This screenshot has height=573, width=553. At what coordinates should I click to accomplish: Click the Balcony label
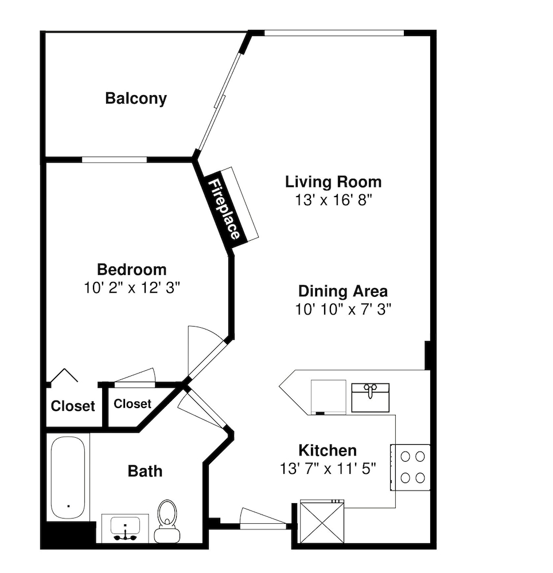pos(136,99)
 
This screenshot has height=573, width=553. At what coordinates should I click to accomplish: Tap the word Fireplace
pos(224,209)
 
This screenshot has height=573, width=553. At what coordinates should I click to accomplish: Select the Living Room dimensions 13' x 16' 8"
pos(333,200)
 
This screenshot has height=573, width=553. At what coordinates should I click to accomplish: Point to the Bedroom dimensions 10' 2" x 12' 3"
pos(132,288)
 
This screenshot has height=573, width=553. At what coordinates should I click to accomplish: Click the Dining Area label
pos(343,291)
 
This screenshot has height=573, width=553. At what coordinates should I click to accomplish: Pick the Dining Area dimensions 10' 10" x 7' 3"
pos(343,309)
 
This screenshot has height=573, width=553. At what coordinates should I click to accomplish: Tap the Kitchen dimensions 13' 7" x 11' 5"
pos(328,469)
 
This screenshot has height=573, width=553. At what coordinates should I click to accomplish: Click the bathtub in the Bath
pos(68,477)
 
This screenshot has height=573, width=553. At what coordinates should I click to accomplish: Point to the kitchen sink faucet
pos(370,390)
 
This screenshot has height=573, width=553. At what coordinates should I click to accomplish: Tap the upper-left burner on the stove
pos(405,457)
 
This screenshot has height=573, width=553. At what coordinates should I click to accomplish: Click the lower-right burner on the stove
pos(420,478)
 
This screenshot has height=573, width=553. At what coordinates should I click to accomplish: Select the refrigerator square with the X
pos(322,521)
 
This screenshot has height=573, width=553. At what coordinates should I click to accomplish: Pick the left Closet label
pos(73,406)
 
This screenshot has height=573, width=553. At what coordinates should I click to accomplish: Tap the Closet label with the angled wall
pos(133,404)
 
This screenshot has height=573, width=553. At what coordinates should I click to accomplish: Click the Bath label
pos(145,472)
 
